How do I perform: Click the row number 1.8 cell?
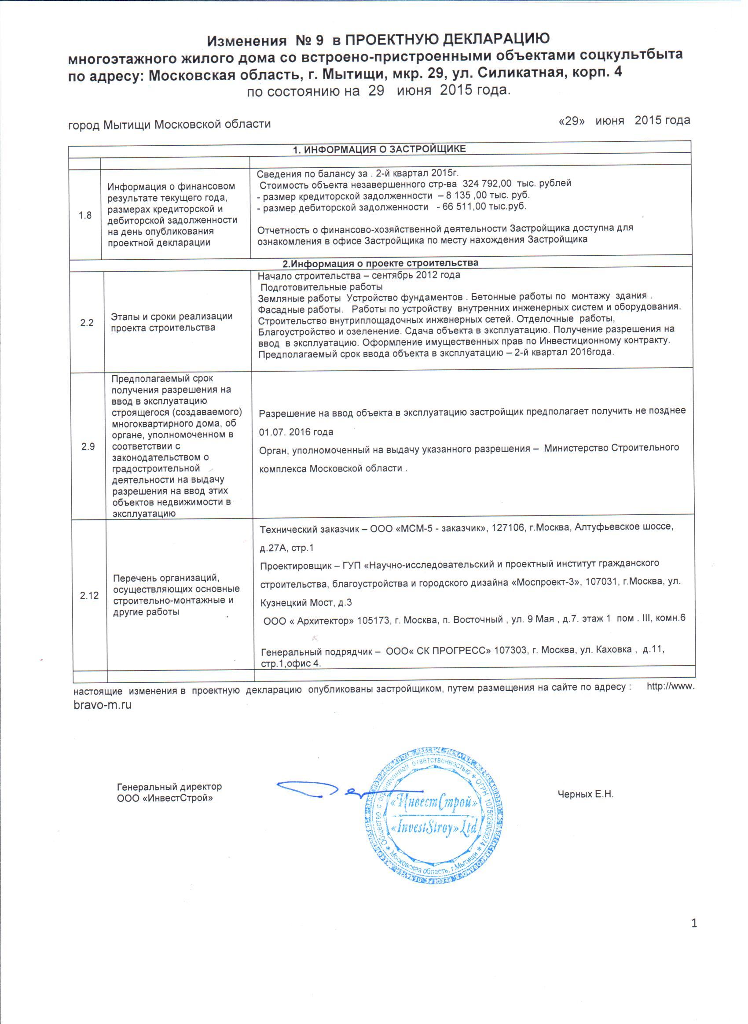(85, 216)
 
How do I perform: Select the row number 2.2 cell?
(87, 323)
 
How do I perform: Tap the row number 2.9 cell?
(88, 447)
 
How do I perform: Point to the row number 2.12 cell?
(90, 596)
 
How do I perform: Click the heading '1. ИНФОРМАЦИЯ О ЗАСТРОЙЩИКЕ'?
(379, 149)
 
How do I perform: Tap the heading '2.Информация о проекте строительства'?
(380, 263)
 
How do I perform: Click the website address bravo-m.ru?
(103, 705)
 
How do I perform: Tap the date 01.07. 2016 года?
(296, 431)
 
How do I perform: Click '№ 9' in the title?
(310, 41)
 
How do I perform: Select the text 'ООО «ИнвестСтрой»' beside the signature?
(165, 798)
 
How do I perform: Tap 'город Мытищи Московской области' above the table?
(169, 124)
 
